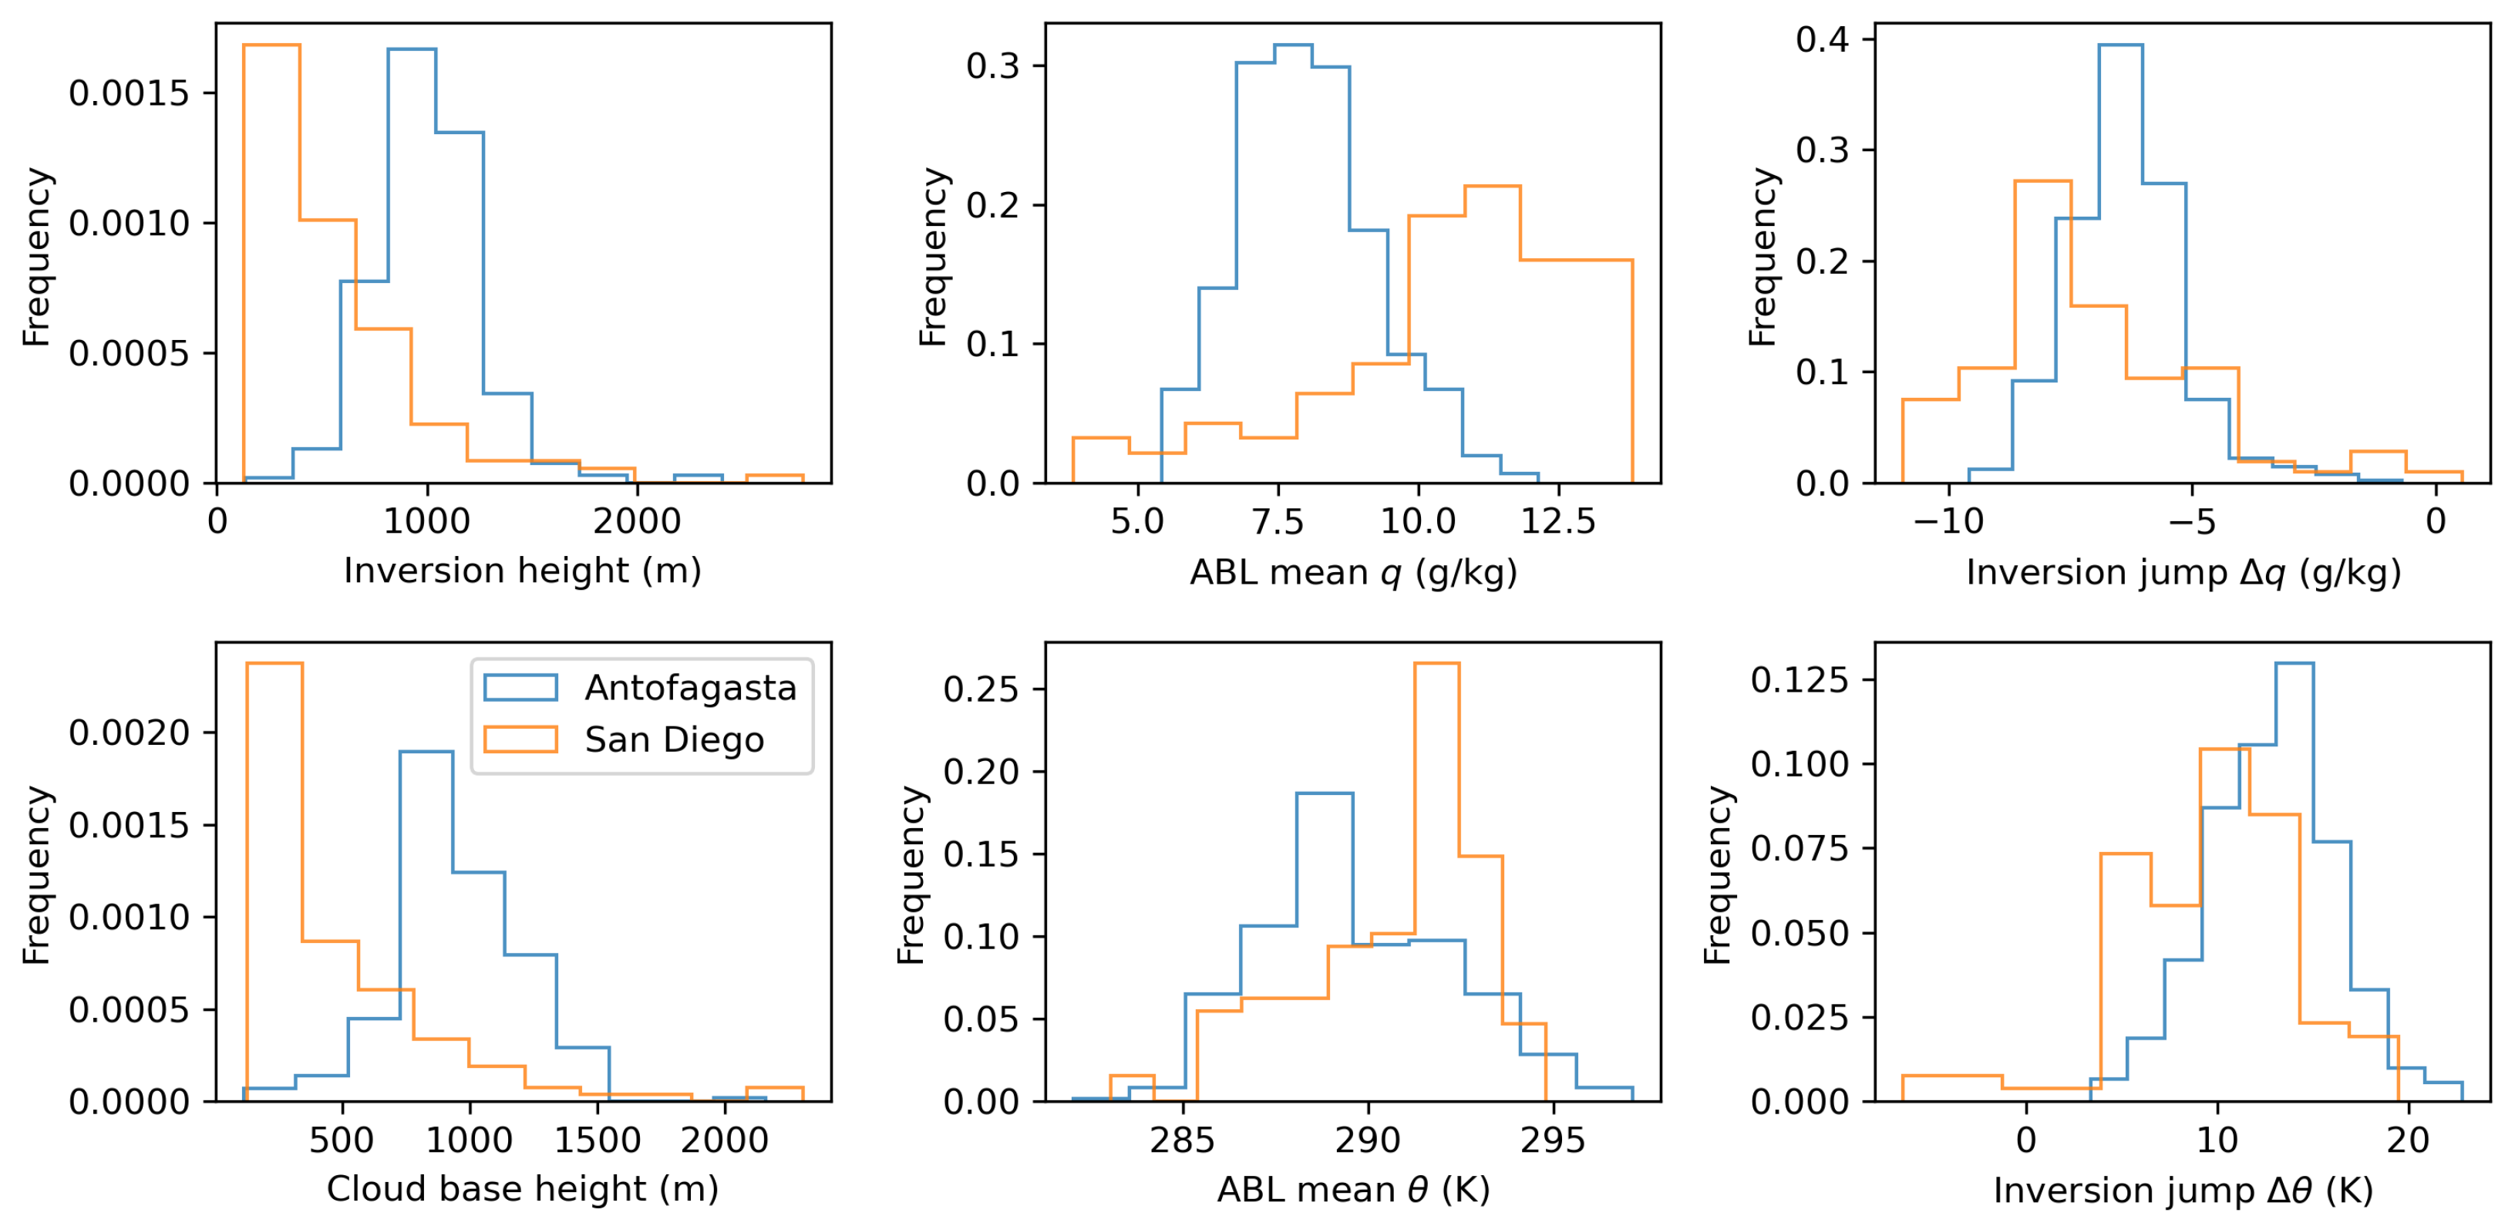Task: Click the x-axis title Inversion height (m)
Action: (522, 570)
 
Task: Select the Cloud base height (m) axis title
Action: (522, 1189)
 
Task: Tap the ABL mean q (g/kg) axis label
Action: (1353, 572)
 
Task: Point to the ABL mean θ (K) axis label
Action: (1353, 1190)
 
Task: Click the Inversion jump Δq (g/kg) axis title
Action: (2183, 572)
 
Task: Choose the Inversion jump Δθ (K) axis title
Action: (2183, 1190)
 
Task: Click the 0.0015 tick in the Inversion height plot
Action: (129, 94)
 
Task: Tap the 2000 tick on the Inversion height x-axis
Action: (637, 521)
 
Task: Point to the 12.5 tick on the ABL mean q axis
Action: (1558, 521)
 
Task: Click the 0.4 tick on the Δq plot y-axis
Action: (1822, 39)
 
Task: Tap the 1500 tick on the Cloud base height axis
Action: (597, 1140)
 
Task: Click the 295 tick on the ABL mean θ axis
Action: (1552, 1140)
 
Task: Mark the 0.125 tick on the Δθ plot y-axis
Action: (1799, 679)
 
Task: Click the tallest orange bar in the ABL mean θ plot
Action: (1436, 878)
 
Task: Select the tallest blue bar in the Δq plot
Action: (2119, 264)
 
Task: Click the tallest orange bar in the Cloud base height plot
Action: (274, 878)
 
